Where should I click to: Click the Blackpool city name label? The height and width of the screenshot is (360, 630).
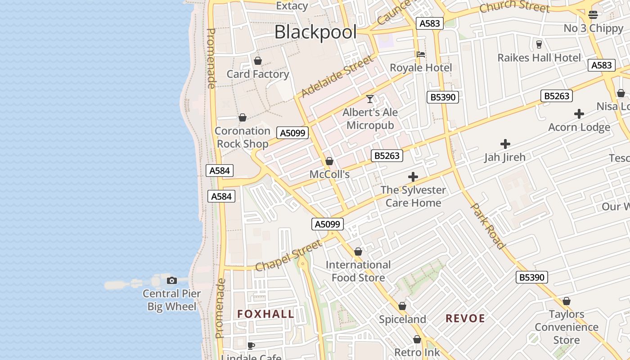click(315, 32)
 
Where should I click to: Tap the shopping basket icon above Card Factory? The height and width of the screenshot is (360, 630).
click(258, 61)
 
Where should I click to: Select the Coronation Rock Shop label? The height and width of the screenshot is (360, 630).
click(243, 137)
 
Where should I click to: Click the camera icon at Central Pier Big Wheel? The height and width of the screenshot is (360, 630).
click(171, 280)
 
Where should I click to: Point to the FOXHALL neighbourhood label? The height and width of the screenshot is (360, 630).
click(265, 314)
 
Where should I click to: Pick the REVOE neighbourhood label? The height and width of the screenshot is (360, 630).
click(465, 319)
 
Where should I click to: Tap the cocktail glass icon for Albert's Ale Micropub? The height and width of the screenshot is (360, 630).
click(370, 99)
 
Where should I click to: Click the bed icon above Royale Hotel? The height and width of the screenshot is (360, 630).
click(421, 54)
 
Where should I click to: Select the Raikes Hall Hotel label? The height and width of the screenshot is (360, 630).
click(539, 58)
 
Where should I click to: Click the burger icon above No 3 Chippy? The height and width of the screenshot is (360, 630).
click(593, 14)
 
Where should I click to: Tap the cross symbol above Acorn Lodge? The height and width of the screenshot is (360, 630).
click(579, 114)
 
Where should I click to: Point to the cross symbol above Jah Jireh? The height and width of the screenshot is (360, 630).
click(505, 144)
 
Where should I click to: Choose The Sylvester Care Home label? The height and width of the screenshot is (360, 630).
click(413, 196)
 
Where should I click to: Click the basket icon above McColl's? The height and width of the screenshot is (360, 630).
click(329, 161)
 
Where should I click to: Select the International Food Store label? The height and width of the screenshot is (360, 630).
click(358, 271)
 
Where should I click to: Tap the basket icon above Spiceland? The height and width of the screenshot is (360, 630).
click(402, 306)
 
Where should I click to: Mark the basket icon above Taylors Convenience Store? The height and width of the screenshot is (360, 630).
click(567, 301)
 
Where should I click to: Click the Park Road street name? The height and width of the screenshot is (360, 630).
click(487, 225)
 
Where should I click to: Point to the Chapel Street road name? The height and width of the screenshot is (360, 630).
click(288, 255)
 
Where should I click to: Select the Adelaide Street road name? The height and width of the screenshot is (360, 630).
click(337, 76)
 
